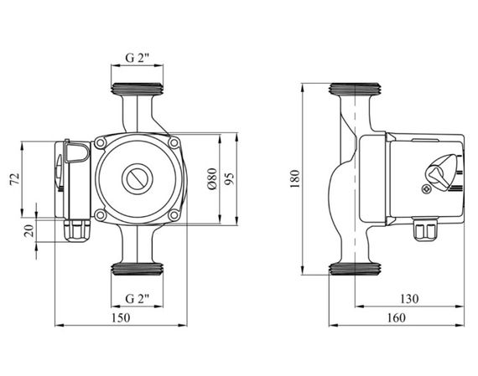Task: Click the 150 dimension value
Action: (x=121, y=318)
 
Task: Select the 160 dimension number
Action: (x=397, y=318)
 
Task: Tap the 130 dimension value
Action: (x=409, y=299)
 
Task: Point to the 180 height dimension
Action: (x=295, y=178)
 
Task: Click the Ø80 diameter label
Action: (x=212, y=178)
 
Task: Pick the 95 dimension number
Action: (x=230, y=178)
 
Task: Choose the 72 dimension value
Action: (x=14, y=178)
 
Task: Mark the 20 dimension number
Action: (x=29, y=230)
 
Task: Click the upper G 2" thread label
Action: (x=138, y=58)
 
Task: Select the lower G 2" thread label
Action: (x=138, y=299)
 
